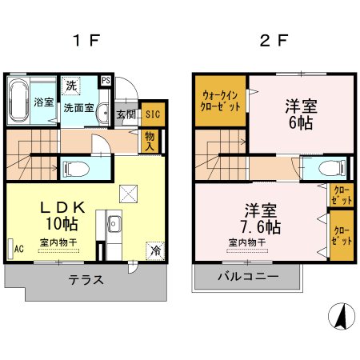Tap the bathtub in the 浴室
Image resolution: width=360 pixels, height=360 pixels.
coord(18,101)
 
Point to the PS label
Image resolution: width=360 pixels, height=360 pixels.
coord(106,79)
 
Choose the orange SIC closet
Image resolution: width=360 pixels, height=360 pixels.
coord(152,114)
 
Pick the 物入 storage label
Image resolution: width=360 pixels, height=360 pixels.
coord(150,141)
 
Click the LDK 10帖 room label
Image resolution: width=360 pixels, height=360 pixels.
coord(62,214)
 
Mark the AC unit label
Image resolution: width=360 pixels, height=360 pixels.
coord(18,249)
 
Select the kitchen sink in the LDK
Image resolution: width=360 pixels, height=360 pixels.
coord(113,222)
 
